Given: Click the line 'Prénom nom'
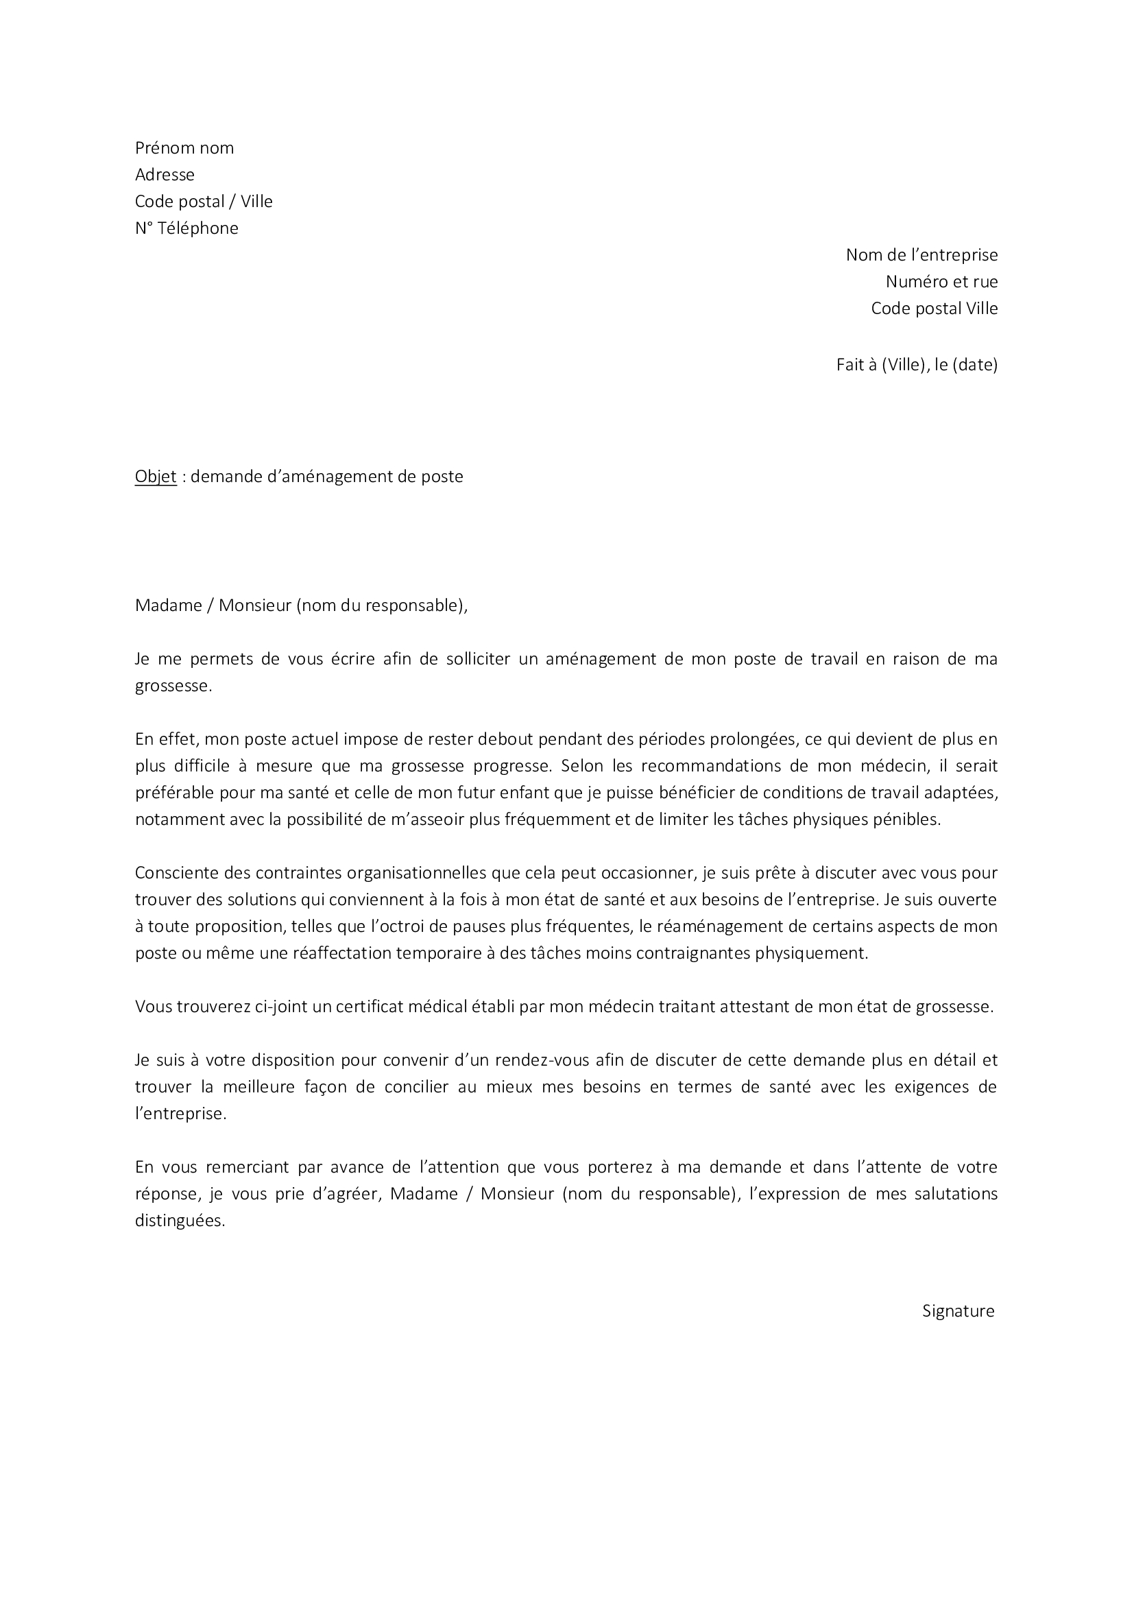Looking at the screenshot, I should click(x=184, y=148).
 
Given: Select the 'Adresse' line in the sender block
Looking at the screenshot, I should click(x=165, y=175).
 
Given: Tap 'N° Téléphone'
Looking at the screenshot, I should click(x=186, y=228).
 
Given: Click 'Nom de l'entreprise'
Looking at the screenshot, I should click(x=921, y=255).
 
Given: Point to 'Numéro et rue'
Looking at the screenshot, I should click(x=941, y=282).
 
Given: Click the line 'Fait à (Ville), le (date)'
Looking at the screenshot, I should click(x=916, y=365).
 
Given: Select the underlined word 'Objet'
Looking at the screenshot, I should click(x=156, y=477).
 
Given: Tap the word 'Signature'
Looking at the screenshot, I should click(x=958, y=1310).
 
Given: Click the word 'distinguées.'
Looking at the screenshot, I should click(x=180, y=1221).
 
